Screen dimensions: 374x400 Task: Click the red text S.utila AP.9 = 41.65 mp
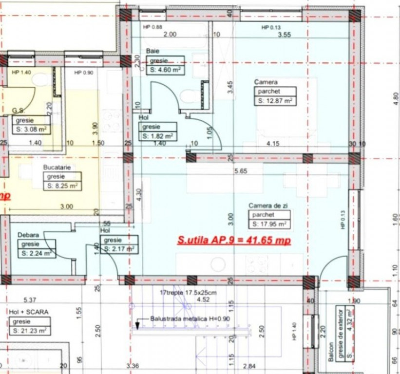point(234,240)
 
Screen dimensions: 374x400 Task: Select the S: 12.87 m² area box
point(274,101)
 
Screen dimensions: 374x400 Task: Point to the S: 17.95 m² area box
point(268,224)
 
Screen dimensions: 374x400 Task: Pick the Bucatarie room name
point(56,167)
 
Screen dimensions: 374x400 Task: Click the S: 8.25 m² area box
point(61,186)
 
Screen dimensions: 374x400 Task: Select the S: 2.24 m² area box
point(36,253)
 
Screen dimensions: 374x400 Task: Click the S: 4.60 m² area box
point(165,69)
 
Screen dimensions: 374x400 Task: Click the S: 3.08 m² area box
point(31,129)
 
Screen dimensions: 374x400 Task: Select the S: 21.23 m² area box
point(30,330)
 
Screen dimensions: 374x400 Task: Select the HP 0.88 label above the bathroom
point(152,27)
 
